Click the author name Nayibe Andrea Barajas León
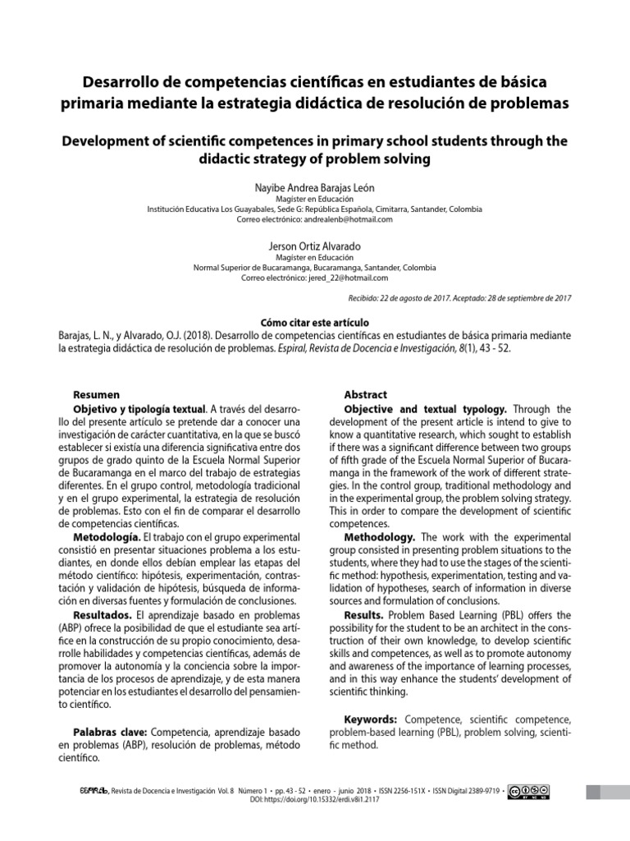click(315, 186)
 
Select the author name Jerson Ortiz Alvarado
click(315, 246)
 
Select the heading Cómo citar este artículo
click(315, 324)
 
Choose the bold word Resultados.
click(103, 614)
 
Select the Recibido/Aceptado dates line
click(459, 298)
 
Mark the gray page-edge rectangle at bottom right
click(606, 792)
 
